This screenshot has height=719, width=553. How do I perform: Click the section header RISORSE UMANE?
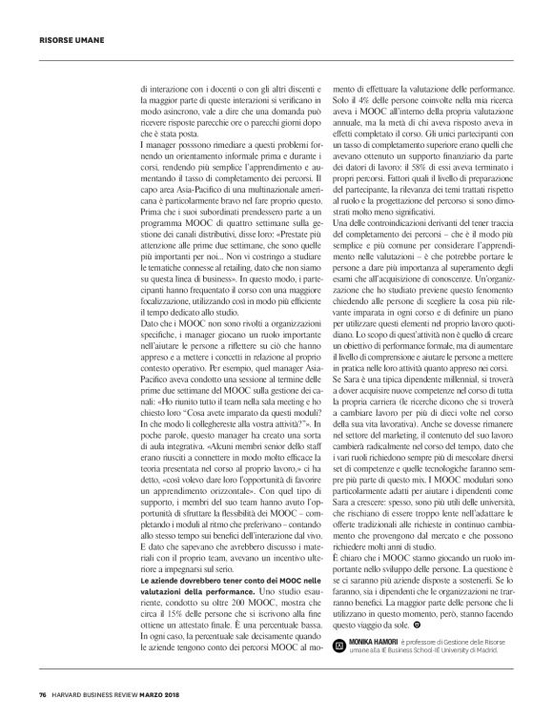coord(65,40)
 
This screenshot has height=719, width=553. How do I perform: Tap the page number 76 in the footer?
coord(42,692)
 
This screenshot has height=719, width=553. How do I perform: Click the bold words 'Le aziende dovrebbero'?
coord(175,557)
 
